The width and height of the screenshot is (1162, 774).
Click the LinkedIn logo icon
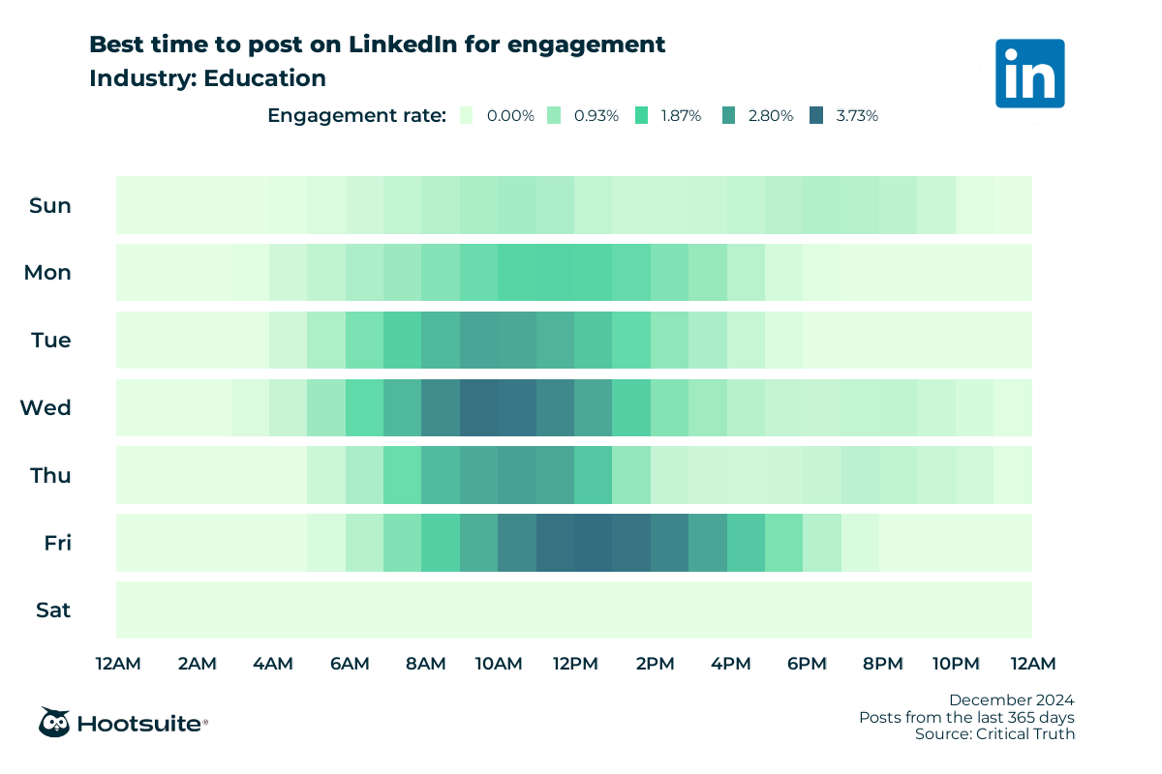[1029, 73]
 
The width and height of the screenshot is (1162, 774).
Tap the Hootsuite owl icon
[53, 722]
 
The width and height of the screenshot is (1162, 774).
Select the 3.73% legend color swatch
[818, 115]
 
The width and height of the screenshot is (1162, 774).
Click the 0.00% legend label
[510, 115]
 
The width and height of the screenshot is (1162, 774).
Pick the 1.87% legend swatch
[642, 115]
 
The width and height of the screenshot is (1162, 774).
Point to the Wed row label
[46, 407]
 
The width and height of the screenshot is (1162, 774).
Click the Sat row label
[53, 610]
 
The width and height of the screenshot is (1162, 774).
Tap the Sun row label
[50, 205]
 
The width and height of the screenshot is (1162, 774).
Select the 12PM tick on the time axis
[574, 664]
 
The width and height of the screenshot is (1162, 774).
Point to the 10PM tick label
[956, 664]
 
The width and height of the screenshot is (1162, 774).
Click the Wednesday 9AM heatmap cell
[478, 407]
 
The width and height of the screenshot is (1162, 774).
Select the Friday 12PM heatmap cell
[593, 543]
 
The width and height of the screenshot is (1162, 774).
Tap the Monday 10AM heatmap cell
[516, 273]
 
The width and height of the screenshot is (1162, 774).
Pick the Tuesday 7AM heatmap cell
[402, 340]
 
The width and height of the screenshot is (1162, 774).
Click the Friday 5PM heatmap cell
[783, 543]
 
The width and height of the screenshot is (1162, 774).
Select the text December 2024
[1011, 700]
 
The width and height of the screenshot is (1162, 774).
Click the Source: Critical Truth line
[994, 734]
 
